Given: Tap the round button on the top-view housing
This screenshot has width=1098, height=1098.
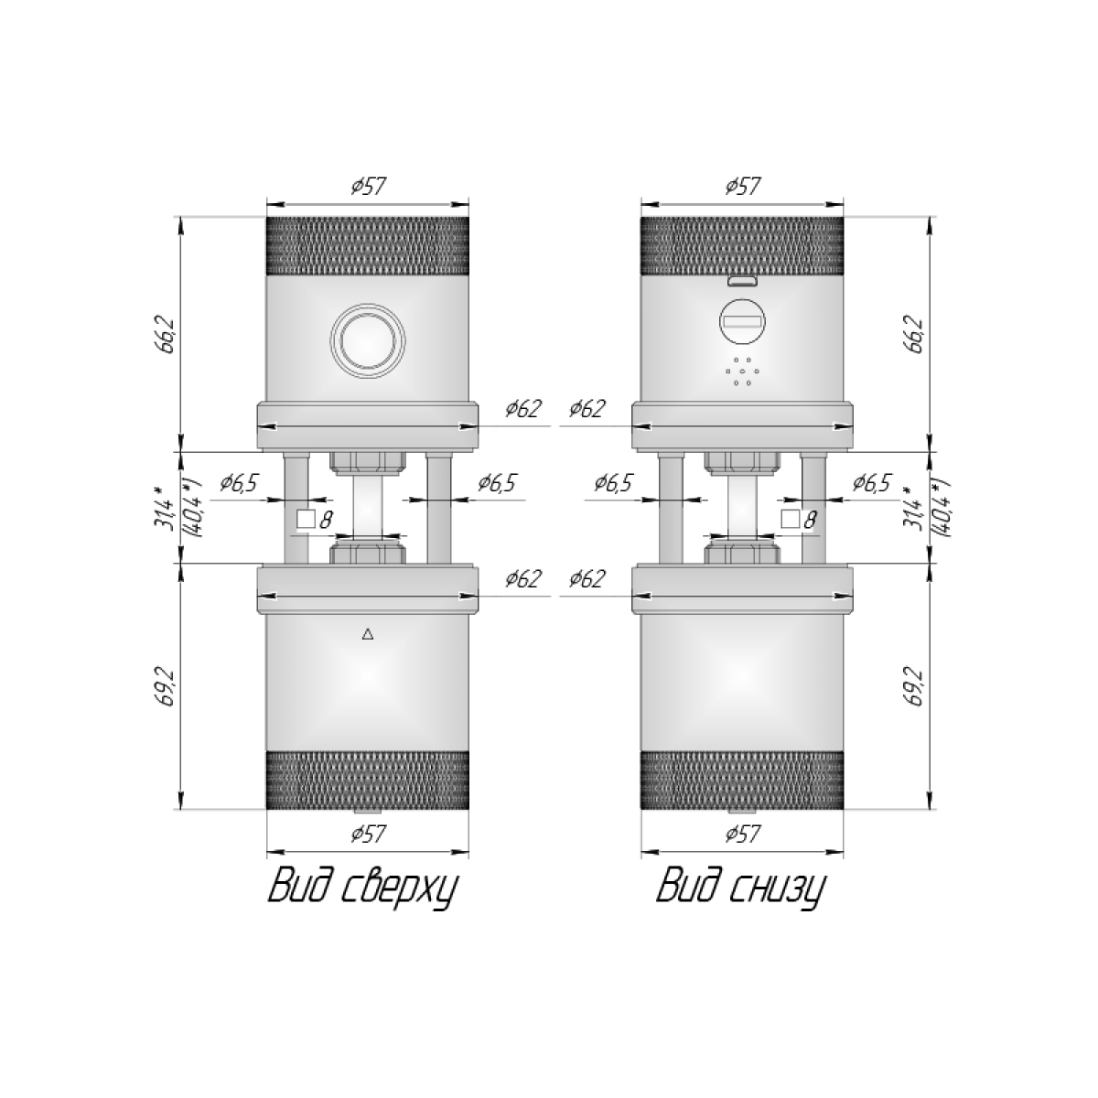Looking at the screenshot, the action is pos(368,340).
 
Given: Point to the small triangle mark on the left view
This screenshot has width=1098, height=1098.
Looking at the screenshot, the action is pos(368,634).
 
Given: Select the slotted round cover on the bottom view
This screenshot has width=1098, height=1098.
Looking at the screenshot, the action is pos(742,321).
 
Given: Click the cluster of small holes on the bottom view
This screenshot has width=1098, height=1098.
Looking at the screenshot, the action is pos(742,371).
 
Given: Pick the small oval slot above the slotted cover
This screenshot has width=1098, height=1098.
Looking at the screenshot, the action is pos(742,280).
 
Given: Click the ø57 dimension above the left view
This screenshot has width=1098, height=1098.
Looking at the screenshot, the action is pos(368,187).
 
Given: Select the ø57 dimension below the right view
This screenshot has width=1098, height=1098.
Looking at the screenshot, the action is pos(742,834).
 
